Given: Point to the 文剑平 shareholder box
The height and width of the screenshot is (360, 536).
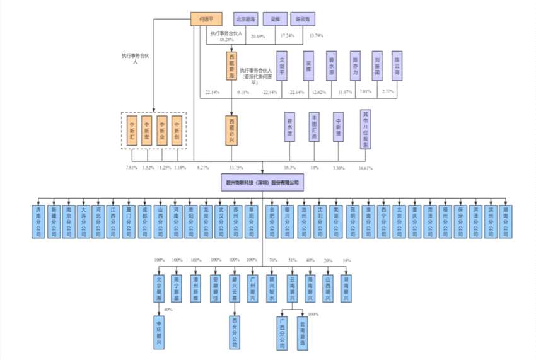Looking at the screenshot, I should pyautogui.click(x=282, y=65).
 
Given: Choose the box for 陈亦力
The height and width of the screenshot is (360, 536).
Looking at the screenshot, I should pyautogui.click(x=356, y=65).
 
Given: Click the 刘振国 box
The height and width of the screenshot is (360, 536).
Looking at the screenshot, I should pyautogui.click(x=376, y=65).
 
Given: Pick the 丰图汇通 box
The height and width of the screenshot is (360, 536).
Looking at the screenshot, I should pyautogui.click(x=314, y=126).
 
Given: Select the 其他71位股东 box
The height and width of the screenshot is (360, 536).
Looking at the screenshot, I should pyautogui.click(x=365, y=129).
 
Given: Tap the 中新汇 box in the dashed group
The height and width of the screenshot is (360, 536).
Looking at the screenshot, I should pyautogui.click(x=132, y=130).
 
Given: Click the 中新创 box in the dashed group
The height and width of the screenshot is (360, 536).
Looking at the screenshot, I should pyautogui.click(x=177, y=130).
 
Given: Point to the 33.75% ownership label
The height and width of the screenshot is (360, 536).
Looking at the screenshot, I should pyautogui.click(x=236, y=168).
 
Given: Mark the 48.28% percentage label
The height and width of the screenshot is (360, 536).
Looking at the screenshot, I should pyautogui.click(x=226, y=40).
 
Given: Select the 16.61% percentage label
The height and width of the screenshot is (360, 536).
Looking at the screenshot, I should pyautogui.click(x=364, y=168).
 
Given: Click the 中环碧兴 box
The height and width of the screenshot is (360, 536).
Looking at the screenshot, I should pyautogui.click(x=161, y=332).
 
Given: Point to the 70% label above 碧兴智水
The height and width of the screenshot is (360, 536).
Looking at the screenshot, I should pyautogui.click(x=273, y=260).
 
